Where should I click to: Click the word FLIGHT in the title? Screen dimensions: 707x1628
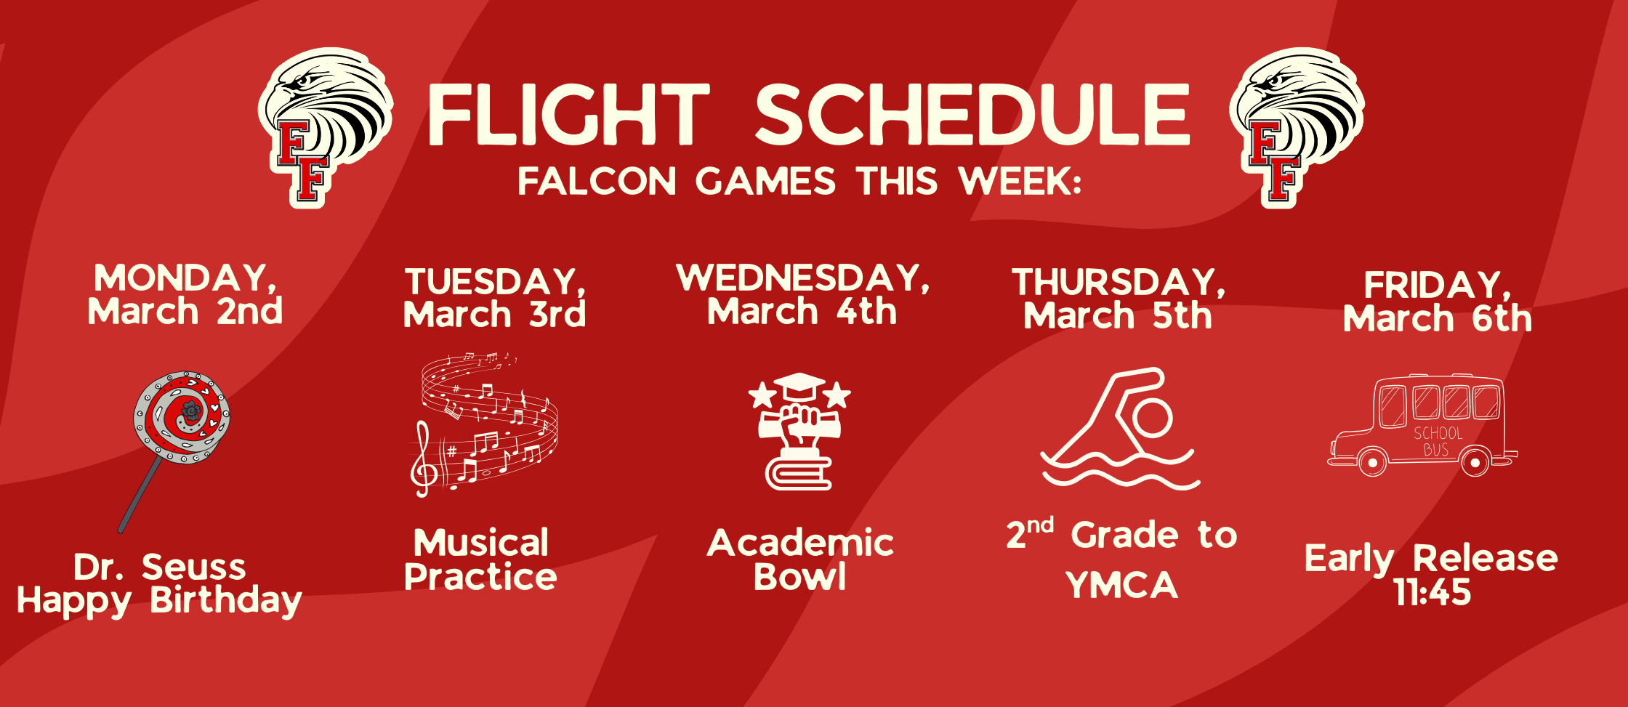568,115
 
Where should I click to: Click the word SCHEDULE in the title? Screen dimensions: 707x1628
972,115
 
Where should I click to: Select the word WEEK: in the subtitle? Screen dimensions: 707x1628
1020,182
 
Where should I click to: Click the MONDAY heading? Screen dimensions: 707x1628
185,278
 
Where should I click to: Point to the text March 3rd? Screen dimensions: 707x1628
494,315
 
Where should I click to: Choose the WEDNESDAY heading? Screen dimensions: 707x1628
802,278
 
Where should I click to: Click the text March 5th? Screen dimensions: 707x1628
1118,316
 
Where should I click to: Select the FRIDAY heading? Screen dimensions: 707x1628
1437,285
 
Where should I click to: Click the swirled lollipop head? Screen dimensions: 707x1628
182,417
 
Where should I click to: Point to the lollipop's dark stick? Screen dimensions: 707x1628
140,497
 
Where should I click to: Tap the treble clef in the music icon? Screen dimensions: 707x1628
423,461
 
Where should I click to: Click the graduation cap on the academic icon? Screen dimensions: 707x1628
799,386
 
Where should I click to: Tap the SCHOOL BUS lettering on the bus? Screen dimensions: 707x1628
1437,441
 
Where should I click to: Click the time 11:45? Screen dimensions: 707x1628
1432,593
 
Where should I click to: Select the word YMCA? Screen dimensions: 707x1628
1121,586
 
